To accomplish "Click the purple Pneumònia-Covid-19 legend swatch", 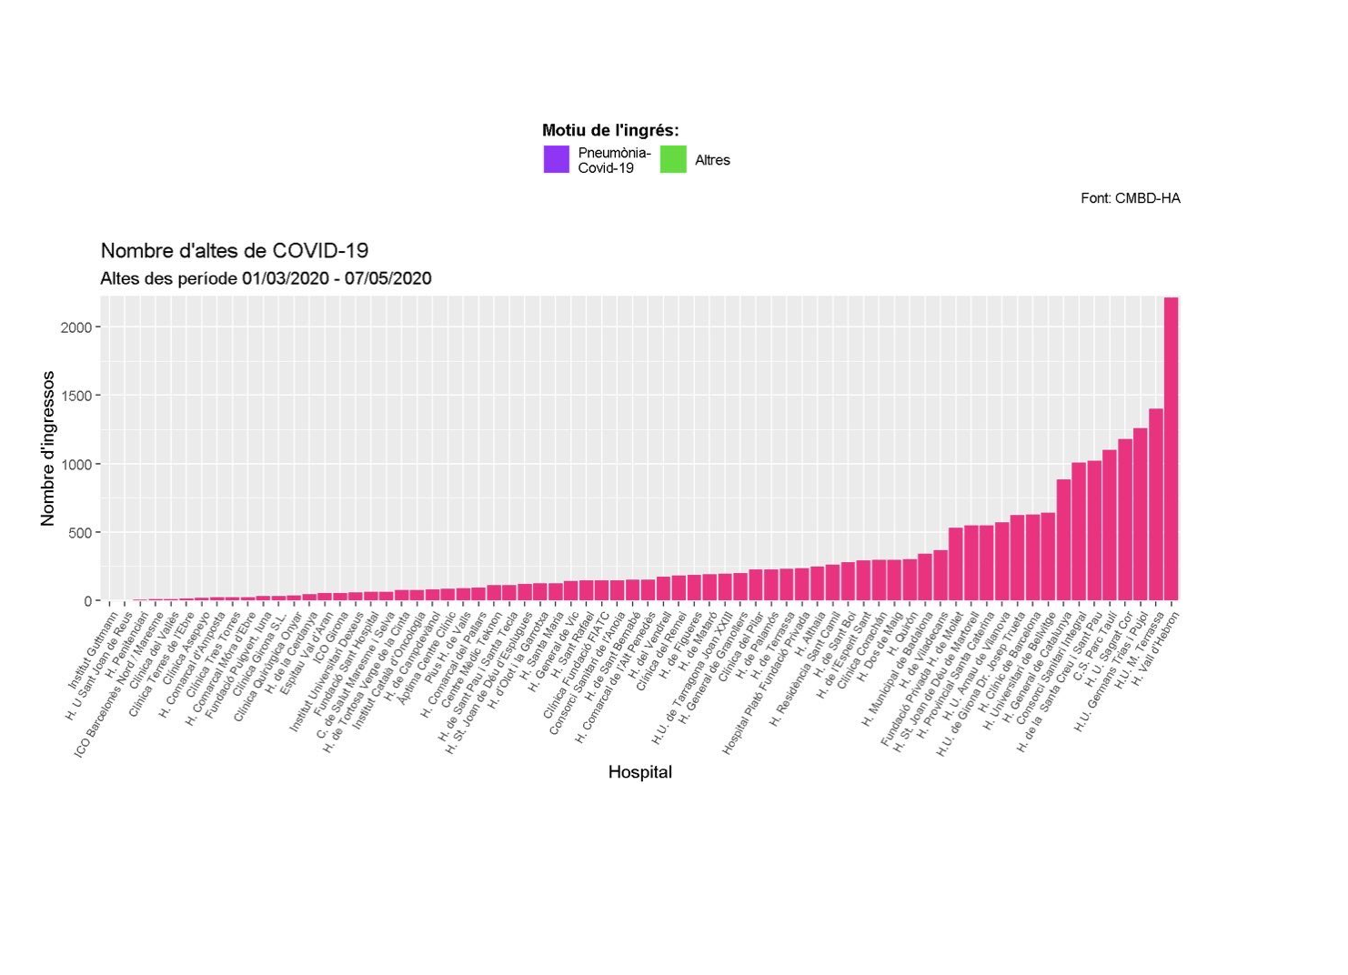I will pos(557,160).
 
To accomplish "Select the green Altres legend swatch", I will pos(673,160).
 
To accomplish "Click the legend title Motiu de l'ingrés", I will pos(610,131).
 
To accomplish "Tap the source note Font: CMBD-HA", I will pos(1130,198).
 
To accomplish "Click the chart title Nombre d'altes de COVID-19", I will pos(234,251).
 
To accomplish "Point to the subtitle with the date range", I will pos(266,278).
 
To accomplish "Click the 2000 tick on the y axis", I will pos(76,327).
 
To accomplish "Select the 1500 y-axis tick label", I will pos(76,396).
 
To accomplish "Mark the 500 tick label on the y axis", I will pos(80,533).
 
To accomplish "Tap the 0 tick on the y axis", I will pos(88,601).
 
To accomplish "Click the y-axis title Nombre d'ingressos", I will pos(48,448).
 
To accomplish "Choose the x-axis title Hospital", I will pos(640,772).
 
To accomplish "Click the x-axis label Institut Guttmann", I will pos(94,651).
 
